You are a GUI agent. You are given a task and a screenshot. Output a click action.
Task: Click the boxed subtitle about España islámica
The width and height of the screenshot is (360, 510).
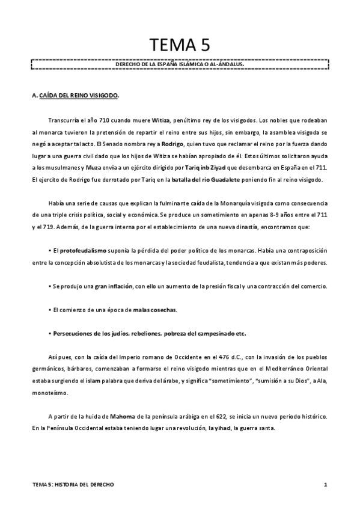coord(180,63)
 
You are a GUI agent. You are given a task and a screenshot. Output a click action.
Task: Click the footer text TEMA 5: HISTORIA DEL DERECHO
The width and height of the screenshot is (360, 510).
coord(74,485)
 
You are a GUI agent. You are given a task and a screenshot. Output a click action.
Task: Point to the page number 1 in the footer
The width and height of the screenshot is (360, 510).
coord(325,485)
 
